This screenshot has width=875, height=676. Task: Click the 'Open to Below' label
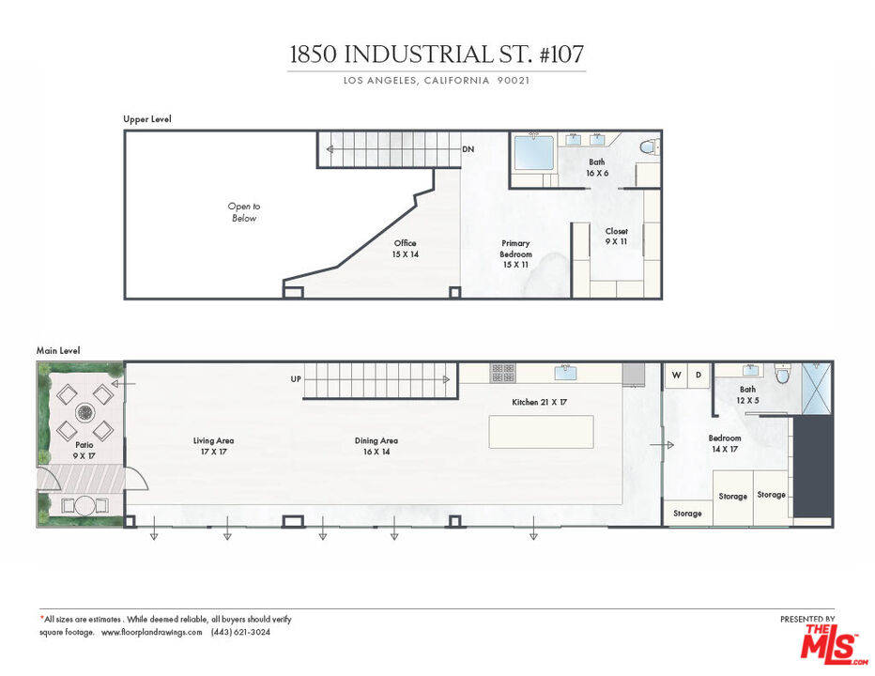244,212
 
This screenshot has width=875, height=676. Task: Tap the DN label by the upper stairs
468,149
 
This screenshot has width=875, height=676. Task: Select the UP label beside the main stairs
296,379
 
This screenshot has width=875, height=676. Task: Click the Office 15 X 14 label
406,249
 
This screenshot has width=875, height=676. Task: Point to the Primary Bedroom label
515,253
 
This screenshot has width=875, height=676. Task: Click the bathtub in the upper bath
534,152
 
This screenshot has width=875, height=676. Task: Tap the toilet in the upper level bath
647,146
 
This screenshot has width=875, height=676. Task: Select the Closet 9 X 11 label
617,236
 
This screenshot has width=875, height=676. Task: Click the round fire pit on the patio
84,412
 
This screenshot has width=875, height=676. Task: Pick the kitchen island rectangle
542,432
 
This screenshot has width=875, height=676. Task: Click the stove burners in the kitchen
503,373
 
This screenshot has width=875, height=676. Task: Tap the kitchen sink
565,373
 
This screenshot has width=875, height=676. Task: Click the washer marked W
676,376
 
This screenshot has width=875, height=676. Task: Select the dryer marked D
698,376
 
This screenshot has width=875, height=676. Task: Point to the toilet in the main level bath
783,374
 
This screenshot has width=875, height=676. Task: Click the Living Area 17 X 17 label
213,446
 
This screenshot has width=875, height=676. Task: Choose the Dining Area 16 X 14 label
376,446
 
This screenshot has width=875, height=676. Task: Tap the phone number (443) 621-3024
240,632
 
